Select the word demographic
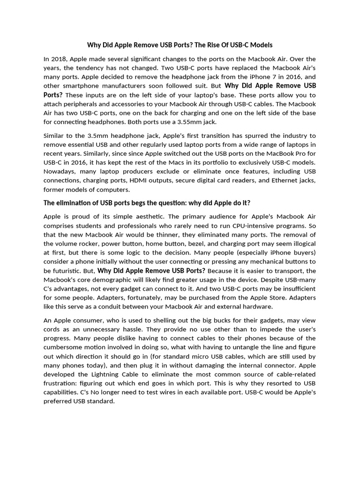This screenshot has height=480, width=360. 104,280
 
